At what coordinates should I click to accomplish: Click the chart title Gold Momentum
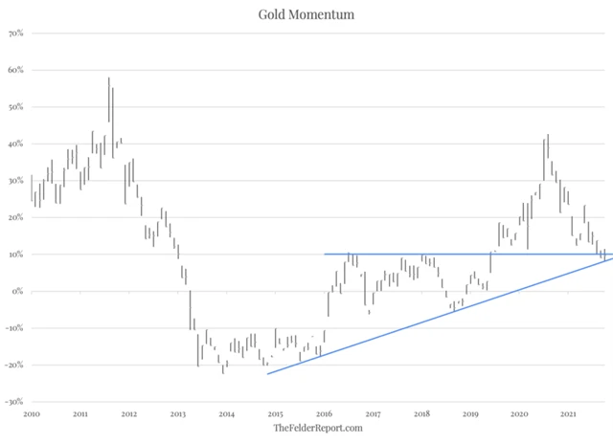tap(306, 14)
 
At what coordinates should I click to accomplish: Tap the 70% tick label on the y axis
tap(16, 33)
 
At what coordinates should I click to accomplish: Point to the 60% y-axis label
tap(16, 71)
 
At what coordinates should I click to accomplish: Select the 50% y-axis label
tap(16, 107)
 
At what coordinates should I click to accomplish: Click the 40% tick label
tap(16, 144)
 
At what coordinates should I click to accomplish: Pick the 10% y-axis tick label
tap(16, 255)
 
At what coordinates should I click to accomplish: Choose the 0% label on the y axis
tap(18, 292)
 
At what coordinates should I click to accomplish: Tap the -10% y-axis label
tap(14, 328)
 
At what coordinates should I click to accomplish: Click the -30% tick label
tap(14, 402)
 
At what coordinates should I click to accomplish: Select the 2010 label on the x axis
tap(32, 413)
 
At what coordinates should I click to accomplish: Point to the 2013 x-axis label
tap(178, 413)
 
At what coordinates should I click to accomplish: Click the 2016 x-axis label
tap(324, 413)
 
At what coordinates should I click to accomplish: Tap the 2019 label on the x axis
tap(470, 413)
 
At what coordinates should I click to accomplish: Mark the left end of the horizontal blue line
tap(325, 254)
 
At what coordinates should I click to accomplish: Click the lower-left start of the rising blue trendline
tap(267, 373)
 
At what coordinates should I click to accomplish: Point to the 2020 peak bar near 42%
tap(548, 153)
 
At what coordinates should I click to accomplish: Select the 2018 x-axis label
tap(421, 413)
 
